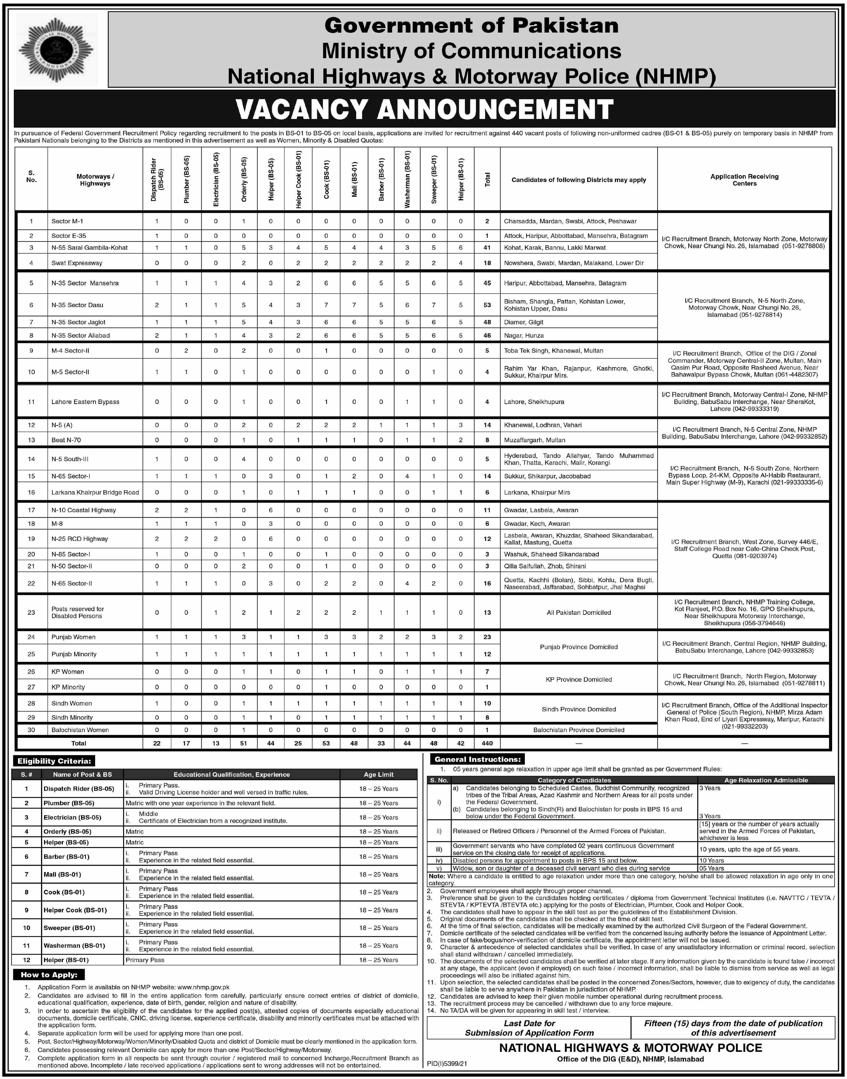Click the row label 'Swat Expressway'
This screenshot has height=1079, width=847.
(x=77, y=263)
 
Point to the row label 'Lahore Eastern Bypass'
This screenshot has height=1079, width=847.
(x=85, y=402)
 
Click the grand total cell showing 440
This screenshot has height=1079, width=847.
(x=487, y=743)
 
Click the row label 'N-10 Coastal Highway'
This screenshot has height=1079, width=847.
(x=83, y=510)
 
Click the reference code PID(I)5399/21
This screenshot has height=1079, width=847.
(x=447, y=1064)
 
